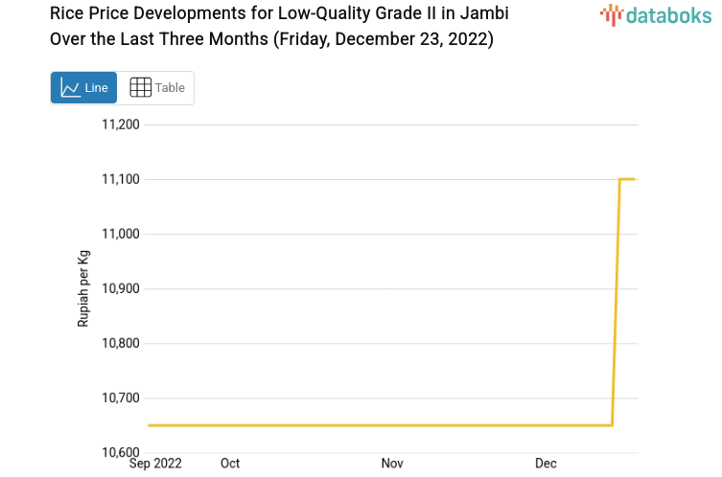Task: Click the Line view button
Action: pos(83,88)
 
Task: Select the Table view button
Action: pos(156,88)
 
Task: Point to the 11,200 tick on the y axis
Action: pos(121,125)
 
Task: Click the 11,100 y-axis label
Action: pos(121,179)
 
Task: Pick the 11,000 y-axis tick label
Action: pos(121,234)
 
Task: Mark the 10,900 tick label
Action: pos(121,288)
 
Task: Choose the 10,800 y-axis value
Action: pos(121,343)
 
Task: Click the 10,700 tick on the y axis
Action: pos(121,397)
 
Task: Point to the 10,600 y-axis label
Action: pos(121,452)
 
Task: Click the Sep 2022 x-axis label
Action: pos(155,464)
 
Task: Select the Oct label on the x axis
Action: pos(230,464)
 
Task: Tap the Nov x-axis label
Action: pos(392,464)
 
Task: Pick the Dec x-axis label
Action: pos(546,464)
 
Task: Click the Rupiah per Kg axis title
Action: pos(83,288)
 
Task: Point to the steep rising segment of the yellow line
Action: pos(617,302)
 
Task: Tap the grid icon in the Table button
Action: pos(140,88)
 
